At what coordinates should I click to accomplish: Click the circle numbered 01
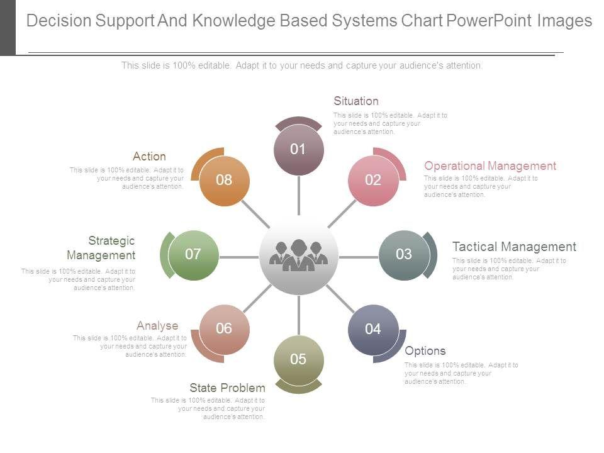(x=298, y=150)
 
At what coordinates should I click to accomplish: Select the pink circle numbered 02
(x=373, y=180)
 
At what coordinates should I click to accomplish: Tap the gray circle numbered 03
(x=404, y=255)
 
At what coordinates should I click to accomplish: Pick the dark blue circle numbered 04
(x=373, y=329)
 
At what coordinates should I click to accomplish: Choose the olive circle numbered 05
(x=298, y=360)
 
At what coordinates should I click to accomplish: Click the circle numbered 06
(x=224, y=329)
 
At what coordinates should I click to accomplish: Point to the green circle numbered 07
(x=193, y=255)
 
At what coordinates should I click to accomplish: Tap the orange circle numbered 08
(x=224, y=180)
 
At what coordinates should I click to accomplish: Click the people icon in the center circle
(x=298, y=256)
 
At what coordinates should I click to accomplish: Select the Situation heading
(x=356, y=101)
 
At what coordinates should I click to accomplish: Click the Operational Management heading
(x=490, y=166)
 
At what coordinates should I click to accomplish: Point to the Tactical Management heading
(x=514, y=247)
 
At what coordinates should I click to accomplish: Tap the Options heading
(x=425, y=351)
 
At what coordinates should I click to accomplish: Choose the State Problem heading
(x=227, y=388)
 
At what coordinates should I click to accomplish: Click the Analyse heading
(x=157, y=326)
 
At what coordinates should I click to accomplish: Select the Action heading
(x=149, y=157)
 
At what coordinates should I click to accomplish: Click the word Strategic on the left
(x=111, y=241)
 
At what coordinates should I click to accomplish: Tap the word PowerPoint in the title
(x=489, y=21)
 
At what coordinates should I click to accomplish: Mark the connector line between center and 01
(x=298, y=195)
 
